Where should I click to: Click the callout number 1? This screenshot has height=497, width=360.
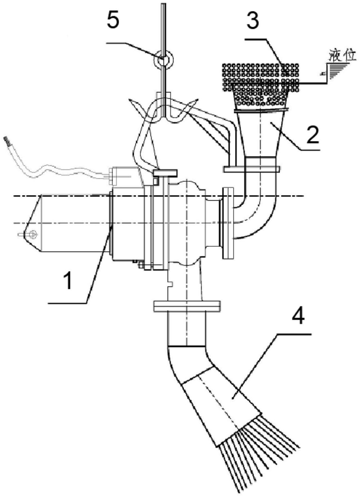point(69,281)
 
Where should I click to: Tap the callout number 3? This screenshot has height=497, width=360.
point(253,21)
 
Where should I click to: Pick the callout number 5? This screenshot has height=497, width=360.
point(113,21)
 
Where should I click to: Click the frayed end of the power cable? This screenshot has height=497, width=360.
point(7,141)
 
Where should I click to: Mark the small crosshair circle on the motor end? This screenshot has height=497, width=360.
point(33,234)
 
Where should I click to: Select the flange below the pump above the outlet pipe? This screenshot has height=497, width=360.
point(187,306)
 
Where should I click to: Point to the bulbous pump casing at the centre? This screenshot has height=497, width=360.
point(186,224)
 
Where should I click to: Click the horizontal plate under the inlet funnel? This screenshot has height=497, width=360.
point(251,169)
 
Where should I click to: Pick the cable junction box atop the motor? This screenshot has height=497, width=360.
point(124,176)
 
